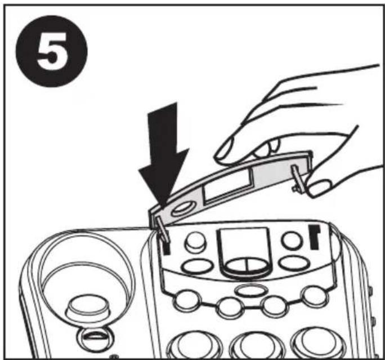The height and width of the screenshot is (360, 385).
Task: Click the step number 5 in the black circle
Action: point(52,51)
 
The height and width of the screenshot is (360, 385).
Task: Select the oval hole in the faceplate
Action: point(183,209)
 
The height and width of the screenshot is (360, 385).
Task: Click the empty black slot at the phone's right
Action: point(315,237)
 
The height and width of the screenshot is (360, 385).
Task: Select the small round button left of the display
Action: point(195,241)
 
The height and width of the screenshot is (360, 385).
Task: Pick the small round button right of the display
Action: point(291,240)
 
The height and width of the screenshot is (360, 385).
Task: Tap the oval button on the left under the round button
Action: point(196,266)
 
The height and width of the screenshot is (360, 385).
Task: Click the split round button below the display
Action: point(247,266)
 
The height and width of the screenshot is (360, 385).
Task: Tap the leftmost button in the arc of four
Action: point(186,300)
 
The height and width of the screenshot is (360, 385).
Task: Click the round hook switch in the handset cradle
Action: point(87,306)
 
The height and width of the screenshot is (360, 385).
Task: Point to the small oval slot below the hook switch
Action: point(95,336)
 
